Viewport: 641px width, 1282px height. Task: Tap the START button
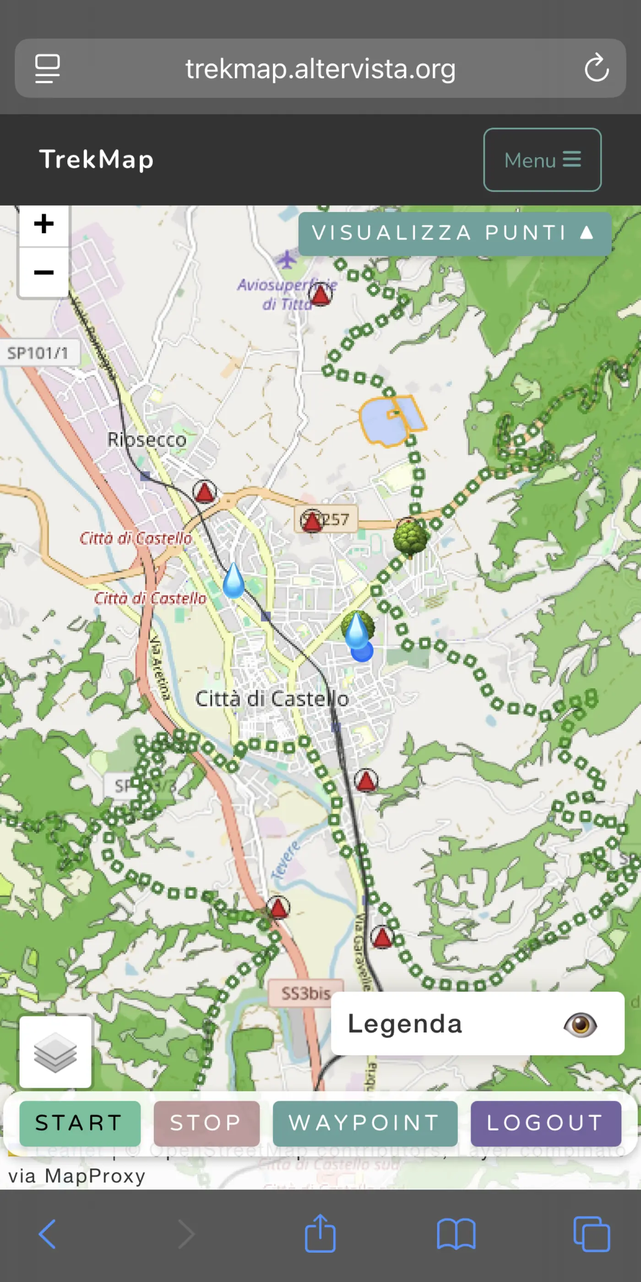click(x=80, y=1123)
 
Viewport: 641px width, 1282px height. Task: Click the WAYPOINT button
click(x=365, y=1123)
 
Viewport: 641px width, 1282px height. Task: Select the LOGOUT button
click(x=545, y=1123)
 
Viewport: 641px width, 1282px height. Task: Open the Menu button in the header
click(x=542, y=160)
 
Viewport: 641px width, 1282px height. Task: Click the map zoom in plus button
click(x=44, y=224)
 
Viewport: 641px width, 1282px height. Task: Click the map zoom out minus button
click(x=44, y=272)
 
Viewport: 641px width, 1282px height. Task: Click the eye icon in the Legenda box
click(x=580, y=1025)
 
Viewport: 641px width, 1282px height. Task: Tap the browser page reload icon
click(x=596, y=68)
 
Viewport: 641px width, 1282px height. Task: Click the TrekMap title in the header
click(x=97, y=160)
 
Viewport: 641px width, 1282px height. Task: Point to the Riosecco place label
click(x=147, y=440)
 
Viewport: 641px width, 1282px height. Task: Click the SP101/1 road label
click(x=38, y=353)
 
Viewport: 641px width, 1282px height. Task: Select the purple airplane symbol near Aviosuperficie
click(x=287, y=259)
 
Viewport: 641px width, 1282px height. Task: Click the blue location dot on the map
click(x=362, y=651)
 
